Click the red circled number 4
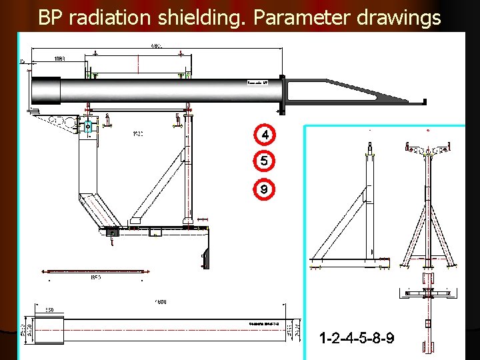tap(265, 135)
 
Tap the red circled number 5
tap(265, 161)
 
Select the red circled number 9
tap(265, 189)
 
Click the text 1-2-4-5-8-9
tap(356, 339)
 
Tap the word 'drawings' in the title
tap(399, 17)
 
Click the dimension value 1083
tap(60, 59)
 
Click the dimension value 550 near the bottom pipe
tap(49, 310)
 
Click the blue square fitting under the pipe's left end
tap(88, 126)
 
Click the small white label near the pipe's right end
tap(257, 83)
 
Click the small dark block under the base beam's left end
tap(111, 233)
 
